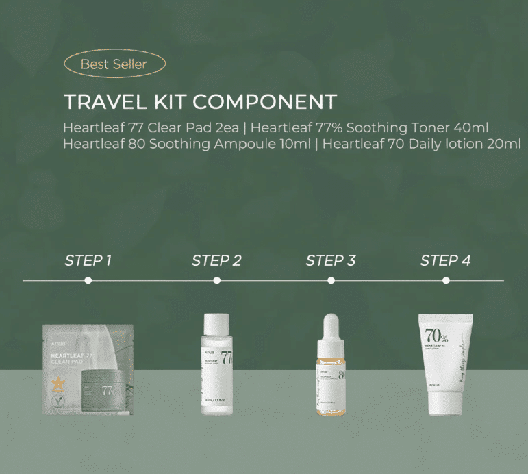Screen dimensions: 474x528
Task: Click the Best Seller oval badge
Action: coord(114,65)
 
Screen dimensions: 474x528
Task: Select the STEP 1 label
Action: coord(88,260)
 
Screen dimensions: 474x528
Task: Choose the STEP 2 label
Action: coord(216,260)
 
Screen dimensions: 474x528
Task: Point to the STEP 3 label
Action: coord(331,260)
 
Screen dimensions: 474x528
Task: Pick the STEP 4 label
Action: coord(445,260)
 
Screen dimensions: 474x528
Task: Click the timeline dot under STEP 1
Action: coord(88,280)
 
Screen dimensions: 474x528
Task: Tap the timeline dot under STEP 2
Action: coord(216,280)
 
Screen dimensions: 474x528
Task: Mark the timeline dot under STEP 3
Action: coord(331,280)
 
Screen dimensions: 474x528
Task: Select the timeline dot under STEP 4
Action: coord(446,280)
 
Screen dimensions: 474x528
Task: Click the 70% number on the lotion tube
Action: coord(436,336)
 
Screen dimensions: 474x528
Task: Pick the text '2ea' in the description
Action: coord(224,127)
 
